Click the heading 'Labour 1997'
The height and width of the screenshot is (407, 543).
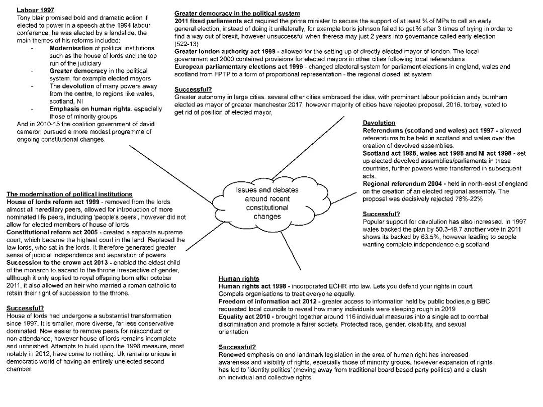[36, 10]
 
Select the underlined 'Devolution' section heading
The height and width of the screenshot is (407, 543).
[379, 123]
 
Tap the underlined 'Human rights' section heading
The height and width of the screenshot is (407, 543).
[239, 278]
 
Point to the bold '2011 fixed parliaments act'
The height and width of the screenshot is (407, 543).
[214, 21]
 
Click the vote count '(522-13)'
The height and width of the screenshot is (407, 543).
[187, 44]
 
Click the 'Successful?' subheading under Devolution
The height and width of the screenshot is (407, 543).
[381, 214]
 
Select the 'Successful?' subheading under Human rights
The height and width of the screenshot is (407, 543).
[237, 347]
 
